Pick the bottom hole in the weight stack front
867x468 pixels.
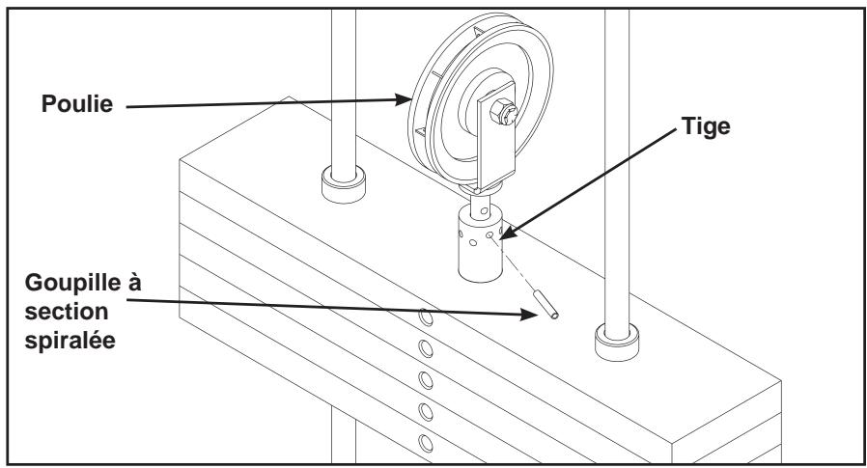click(x=425, y=443)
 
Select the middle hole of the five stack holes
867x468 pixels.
click(x=425, y=379)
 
